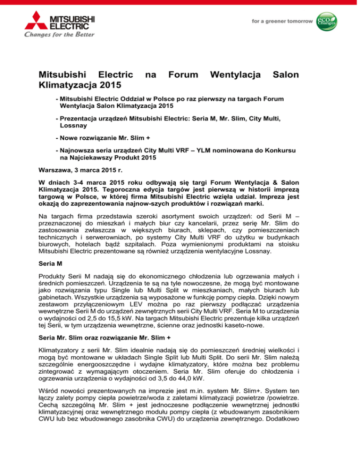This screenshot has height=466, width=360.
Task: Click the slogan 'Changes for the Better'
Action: [x=52, y=34]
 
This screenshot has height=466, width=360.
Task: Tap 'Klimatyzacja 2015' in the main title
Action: [x=79, y=86]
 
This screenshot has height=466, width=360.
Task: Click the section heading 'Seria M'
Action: [x=52, y=271]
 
